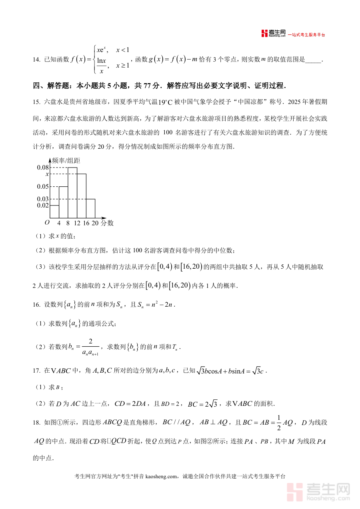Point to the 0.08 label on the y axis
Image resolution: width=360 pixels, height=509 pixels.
click(x=42, y=168)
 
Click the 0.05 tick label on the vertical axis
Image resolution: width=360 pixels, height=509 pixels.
click(x=42, y=186)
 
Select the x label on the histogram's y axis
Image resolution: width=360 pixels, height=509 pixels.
click(x=47, y=174)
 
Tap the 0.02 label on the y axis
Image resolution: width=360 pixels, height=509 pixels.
click(x=42, y=205)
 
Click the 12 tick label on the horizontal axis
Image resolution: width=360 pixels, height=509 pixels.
click(x=77, y=223)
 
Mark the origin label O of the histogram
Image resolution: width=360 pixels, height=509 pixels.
click(x=47, y=223)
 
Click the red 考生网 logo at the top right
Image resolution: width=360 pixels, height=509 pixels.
click(x=274, y=34)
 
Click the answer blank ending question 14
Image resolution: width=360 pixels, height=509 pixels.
click(x=313, y=60)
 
